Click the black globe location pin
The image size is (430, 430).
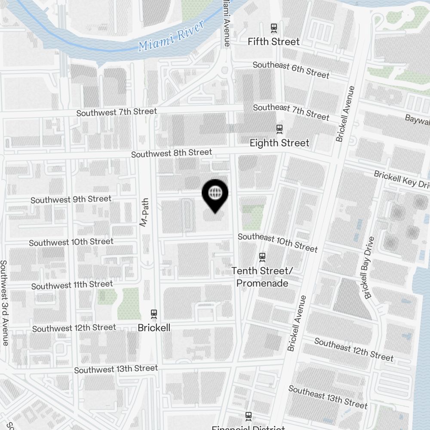pyautogui.click(x=215, y=194)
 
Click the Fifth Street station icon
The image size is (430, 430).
pyautogui.click(x=274, y=28)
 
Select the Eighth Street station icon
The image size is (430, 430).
pyautogui.click(x=279, y=129)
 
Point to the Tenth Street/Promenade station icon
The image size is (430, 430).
pyautogui.click(x=262, y=257)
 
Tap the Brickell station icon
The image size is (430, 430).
pyautogui.click(x=154, y=314)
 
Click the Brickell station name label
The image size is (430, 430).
pyautogui.click(x=154, y=328)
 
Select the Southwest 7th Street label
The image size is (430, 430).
pyautogui.click(x=117, y=112)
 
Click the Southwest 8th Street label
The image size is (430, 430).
pyautogui.click(x=172, y=153)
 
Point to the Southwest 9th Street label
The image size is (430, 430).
pyautogui.click(x=71, y=200)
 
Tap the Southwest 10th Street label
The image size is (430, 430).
pyautogui.click(x=71, y=242)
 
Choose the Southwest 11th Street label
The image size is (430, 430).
pyautogui.click(x=72, y=285)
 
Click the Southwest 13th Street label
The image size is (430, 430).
pyautogui.click(x=116, y=369)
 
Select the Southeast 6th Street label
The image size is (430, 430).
pyautogui.click(x=291, y=70)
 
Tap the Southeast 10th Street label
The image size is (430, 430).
pyautogui.click(x=278, y=243)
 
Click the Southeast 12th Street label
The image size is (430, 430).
pyautogui.click(x=353, y=349)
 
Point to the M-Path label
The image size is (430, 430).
pyautogui.click(x=144, y=212)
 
